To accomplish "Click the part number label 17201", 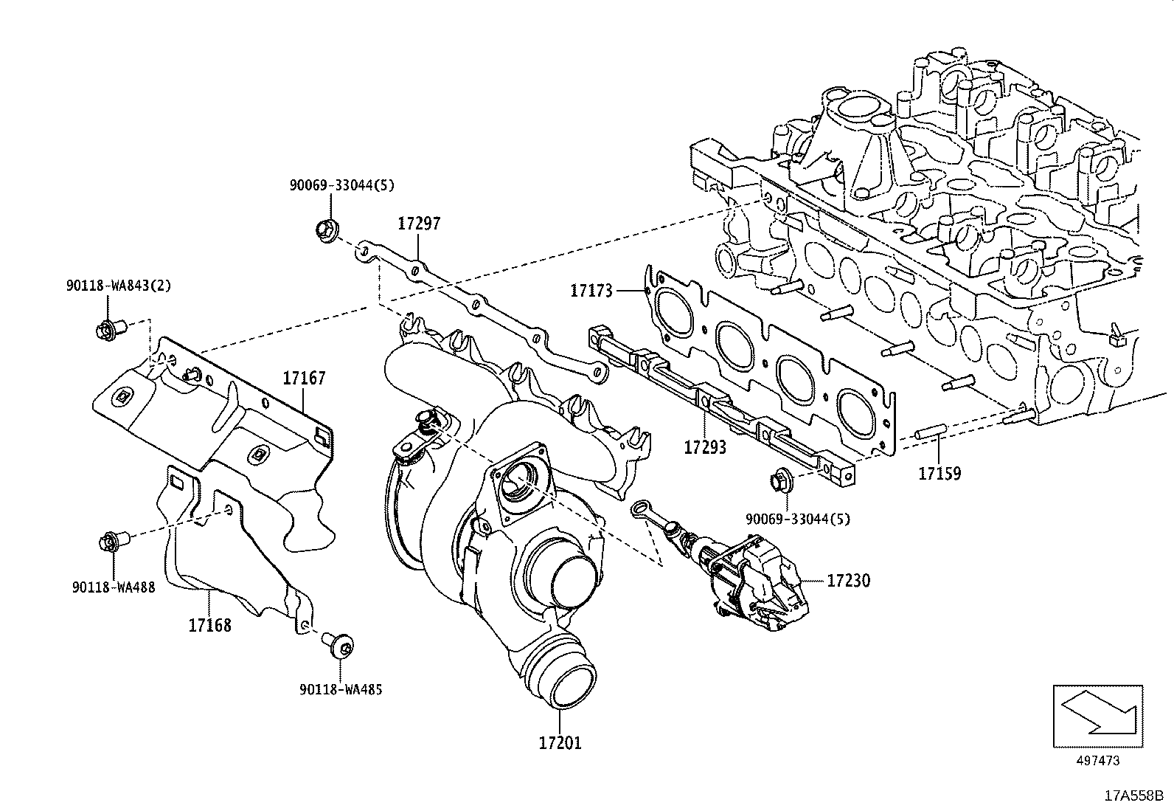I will pos(560,742).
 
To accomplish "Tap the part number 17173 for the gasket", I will pos(591,291).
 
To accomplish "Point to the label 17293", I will pos(704,447).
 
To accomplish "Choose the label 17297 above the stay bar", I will pos(419,223).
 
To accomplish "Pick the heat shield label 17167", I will pos(304,379).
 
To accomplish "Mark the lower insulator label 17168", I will pos(209,625).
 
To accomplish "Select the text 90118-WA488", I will pos(114,588).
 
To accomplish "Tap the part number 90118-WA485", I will pos(341,689).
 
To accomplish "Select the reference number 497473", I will pos(1097,761).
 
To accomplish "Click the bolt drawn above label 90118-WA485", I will pos(340,646).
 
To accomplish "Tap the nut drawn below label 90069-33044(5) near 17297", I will pos(325,230).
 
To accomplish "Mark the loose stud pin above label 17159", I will pos(930,433).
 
